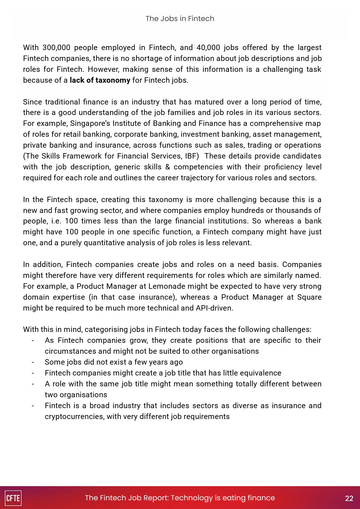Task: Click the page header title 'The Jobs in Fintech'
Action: pos(180,19)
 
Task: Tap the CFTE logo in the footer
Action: pos(13,498)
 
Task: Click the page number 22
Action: pos(349,498)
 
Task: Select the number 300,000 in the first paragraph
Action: pos(56,48)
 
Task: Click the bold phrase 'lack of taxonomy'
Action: pos(100,80)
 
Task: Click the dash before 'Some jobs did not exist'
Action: pos(33,362)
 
